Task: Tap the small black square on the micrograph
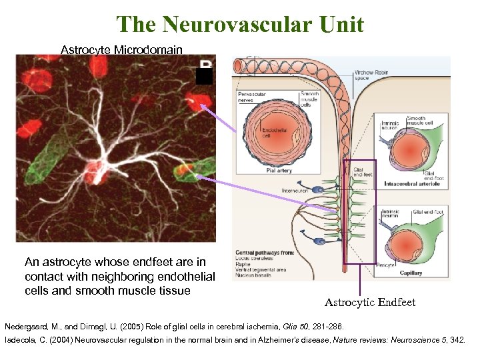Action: pyautogui.click(x=204, y=76)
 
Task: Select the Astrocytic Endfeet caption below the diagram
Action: pyautogui.click(x=370, y=302)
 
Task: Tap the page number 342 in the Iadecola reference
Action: pyautogui.click(x=458, y=340)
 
